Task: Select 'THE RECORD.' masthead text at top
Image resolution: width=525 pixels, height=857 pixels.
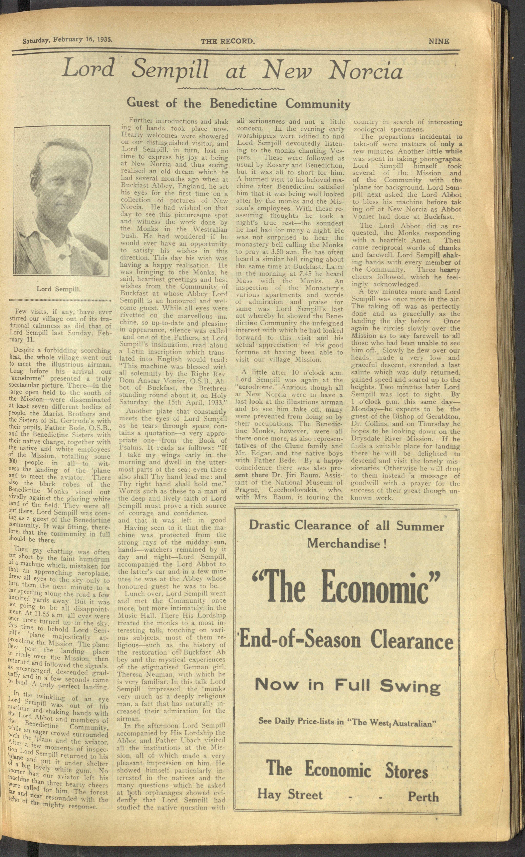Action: point(228,41)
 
